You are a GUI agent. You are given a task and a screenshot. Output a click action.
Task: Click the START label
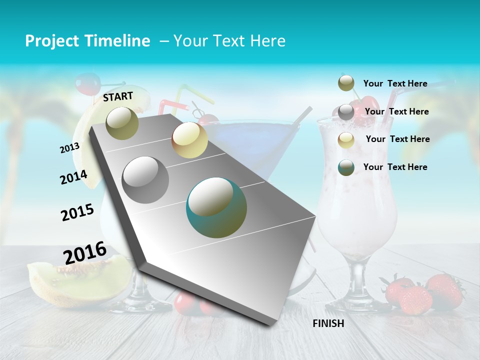(x=118, y=96)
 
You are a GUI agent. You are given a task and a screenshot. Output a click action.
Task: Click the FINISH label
(x=328, y=323)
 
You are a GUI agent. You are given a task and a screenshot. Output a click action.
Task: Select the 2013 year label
(x=69, y=148)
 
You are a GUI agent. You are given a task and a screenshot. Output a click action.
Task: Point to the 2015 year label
(x=77, y=212)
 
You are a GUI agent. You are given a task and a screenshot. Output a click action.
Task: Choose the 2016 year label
(x=85, y=253)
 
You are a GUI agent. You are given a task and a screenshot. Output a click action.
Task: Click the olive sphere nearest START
(x=122, y=123)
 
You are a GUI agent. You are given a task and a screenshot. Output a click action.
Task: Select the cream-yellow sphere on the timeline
(x=189, y=140)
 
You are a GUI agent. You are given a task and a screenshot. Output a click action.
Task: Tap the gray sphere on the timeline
(x=145, y=180)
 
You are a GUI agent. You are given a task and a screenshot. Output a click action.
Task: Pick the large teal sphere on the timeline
(x=216, y=207)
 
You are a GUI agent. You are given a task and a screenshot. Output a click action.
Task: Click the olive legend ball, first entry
(x=346, y=83)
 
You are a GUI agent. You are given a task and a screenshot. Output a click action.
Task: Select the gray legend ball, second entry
(x=346, y=112)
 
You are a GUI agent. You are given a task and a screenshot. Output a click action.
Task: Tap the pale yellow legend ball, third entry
(x=346, y=140)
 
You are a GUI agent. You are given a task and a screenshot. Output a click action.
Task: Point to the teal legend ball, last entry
(x=346, y=167)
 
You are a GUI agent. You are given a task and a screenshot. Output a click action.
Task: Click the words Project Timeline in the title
(x=87, y=41)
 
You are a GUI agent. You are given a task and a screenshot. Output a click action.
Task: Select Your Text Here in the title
(x=229, y=41)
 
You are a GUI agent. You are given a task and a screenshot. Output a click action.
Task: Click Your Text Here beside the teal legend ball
(x=395, y=167)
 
